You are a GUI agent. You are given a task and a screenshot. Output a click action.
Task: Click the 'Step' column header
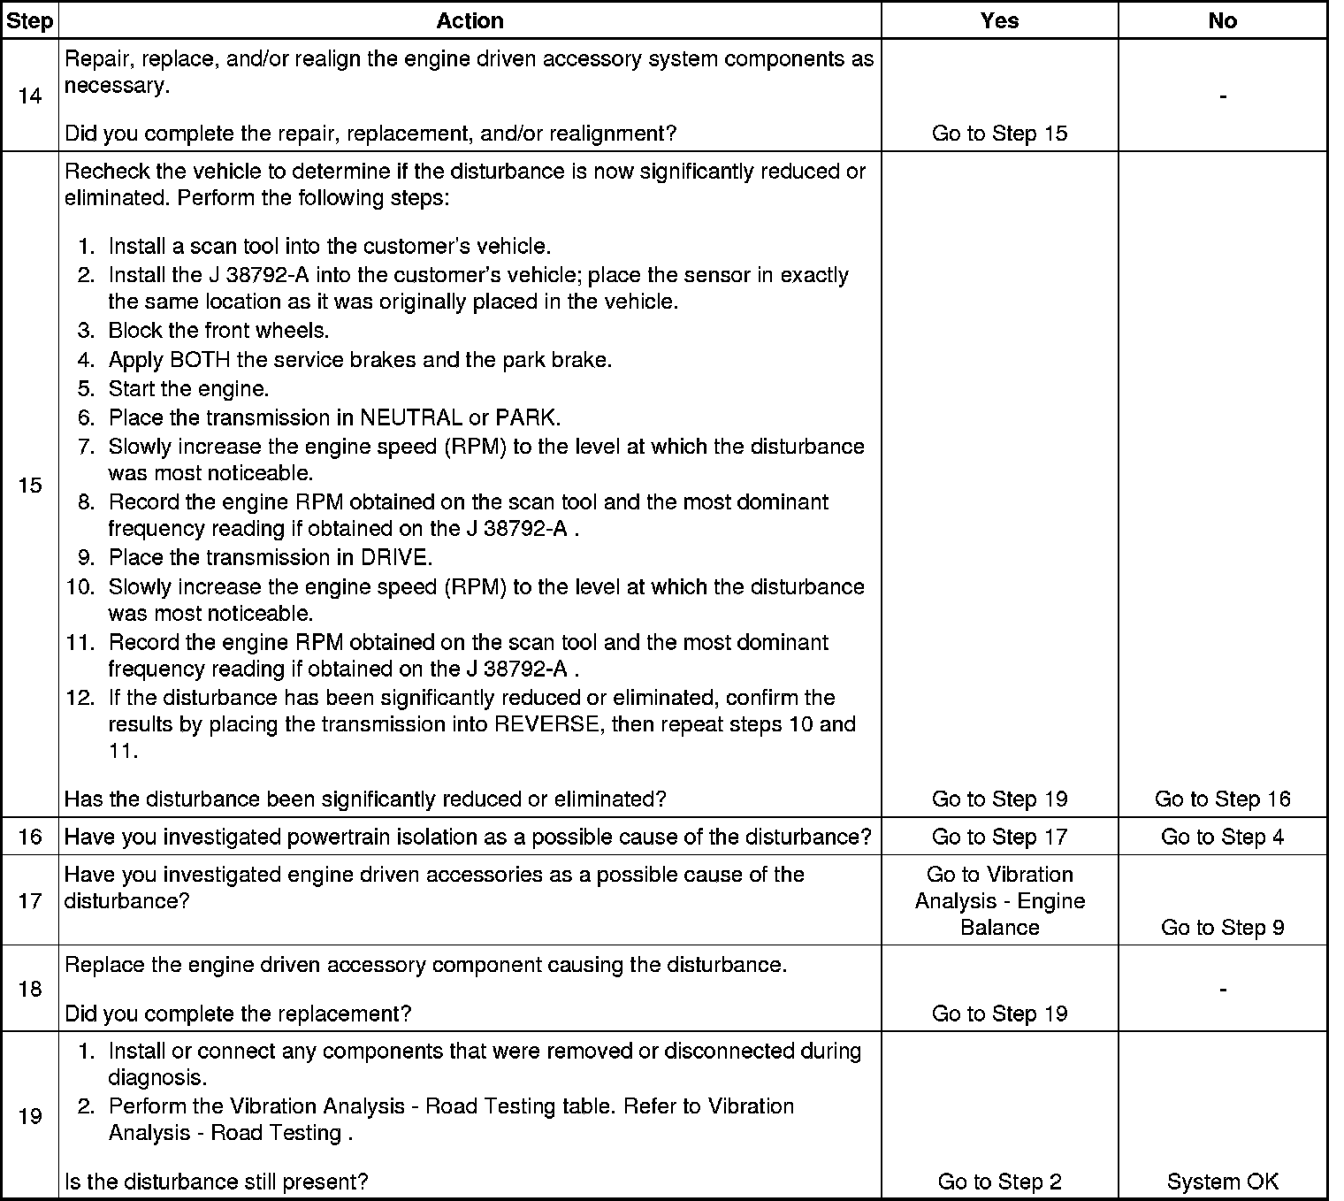click(29, 20)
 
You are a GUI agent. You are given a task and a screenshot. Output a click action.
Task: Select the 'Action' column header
click(470, 20)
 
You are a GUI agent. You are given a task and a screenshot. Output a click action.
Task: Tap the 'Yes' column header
click(999, 20)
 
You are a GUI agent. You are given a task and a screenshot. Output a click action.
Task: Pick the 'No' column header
click(1222, 20)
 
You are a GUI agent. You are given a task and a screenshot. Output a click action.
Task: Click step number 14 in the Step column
click(29, 96)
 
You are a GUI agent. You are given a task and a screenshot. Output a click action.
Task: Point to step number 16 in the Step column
click(29, 837)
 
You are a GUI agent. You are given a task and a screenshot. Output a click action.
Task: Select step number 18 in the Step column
click(29, 989)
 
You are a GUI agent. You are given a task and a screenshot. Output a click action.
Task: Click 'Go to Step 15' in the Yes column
click(999, 134)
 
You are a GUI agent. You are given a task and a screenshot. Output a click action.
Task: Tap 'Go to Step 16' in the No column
click(1222, 799)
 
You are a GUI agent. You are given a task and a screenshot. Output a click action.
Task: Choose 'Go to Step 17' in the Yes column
click(999, 837)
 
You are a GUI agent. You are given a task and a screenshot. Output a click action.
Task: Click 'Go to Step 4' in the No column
click(1222, 837)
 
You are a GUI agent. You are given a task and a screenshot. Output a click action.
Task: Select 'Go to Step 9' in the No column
click(1222, 927)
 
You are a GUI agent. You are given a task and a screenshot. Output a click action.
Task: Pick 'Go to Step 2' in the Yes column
click(999, 1182)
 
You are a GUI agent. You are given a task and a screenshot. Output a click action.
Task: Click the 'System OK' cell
click(1222, 1182)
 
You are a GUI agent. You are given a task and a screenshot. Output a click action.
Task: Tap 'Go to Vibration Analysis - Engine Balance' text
click(999, 900)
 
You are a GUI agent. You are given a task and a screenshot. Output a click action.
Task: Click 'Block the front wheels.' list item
click(218, 331)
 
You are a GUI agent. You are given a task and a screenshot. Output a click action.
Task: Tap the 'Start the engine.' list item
click(188, 389)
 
